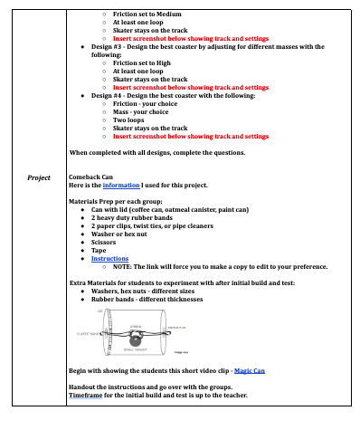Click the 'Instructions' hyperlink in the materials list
tap(109, 259)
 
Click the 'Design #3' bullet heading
tap(110, 44)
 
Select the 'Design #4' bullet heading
tap(110, 95)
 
